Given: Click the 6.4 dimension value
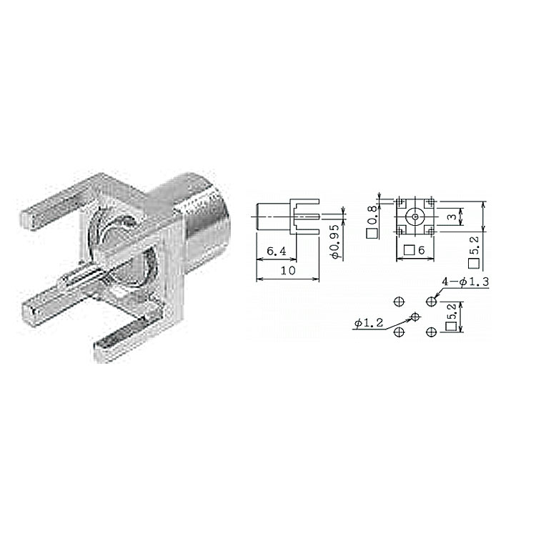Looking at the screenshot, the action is click(x=276, y=252).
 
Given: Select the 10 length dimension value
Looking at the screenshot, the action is click(x=288, y=271).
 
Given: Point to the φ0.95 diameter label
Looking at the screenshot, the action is click(x=335, y=242).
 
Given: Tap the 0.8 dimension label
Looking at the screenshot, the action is click(x=372, y=222).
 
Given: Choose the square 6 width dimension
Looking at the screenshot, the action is click(x=414, y=250).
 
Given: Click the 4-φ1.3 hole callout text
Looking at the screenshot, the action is click(x=465, y=282).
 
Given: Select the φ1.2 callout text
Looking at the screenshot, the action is click(x=369, y=322).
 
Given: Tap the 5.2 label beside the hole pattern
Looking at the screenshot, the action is click(x=451, y=317).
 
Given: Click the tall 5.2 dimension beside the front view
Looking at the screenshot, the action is click(x=474, y=251).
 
